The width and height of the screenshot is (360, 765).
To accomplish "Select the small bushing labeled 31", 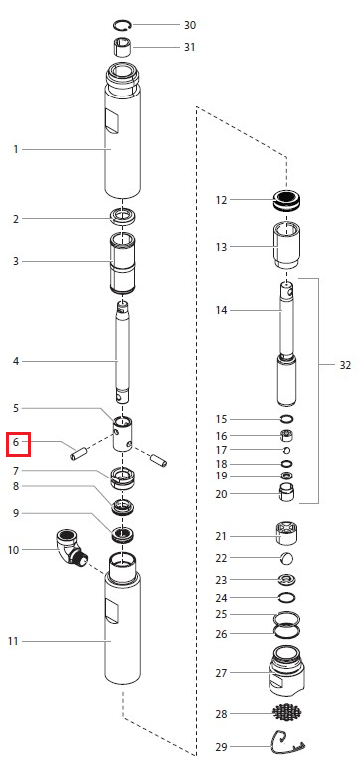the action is pos(123,48).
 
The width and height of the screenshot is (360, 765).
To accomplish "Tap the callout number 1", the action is pos(16,149).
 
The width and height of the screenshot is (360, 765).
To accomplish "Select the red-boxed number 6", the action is pos(16,443).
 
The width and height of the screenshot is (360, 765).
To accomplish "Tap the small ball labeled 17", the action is pos(287,450).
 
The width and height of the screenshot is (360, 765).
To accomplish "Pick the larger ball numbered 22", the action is pos(287,558).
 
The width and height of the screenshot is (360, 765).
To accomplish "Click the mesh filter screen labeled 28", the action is pos(287,713).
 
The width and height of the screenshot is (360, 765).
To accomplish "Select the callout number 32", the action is pos(345,365).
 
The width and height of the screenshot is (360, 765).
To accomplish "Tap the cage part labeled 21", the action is pos(287,534).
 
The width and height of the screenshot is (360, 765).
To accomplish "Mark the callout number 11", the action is pos(13,641).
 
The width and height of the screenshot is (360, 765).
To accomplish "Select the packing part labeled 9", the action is pos(123,535).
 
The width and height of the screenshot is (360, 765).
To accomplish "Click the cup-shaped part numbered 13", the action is pos(287,245).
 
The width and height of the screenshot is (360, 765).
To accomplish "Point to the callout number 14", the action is pos(222,310).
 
